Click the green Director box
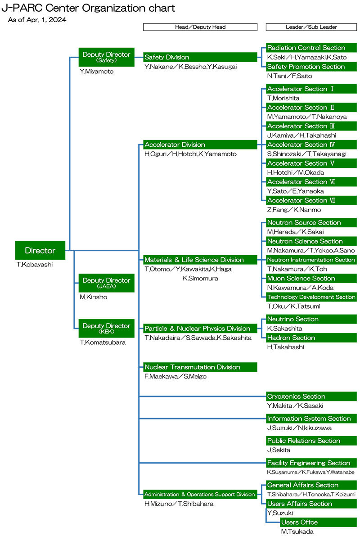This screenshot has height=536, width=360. click(x=40, y=251)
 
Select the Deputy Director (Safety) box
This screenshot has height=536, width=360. click(x=106, y=57)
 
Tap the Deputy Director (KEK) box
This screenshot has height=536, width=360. click(x=106, y=328)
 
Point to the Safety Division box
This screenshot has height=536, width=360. click(x=200, y=58)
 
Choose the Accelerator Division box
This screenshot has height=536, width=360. click(x=200, y=145)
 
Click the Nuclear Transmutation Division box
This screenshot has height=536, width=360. click(x=200, y=367)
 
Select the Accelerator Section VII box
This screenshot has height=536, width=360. click(x=311, y=201)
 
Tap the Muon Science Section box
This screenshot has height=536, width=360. click(x=311, y=279)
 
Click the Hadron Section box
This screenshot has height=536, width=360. click(x=311, y=338)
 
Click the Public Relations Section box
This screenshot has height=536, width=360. click(x=311, y=441)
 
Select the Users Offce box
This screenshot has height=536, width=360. click(x=318, y=522)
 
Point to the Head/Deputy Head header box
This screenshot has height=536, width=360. click(x=200, y=27)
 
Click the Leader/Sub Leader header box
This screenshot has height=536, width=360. click(x=311, y=27)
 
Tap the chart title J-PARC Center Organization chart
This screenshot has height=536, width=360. click(x=88, y=8)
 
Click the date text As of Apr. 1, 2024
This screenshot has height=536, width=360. click(x=37, y=20)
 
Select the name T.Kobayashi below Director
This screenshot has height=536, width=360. click(x=35, y=265)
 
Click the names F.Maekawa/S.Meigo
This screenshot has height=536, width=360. click(x=175, y=376)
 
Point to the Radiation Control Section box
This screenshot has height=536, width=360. click(x=311, y=48)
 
